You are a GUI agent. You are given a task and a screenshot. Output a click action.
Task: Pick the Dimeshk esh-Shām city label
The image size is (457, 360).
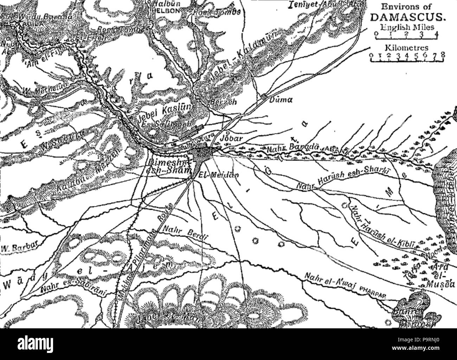pyautogui.click(x=170, y=167)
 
